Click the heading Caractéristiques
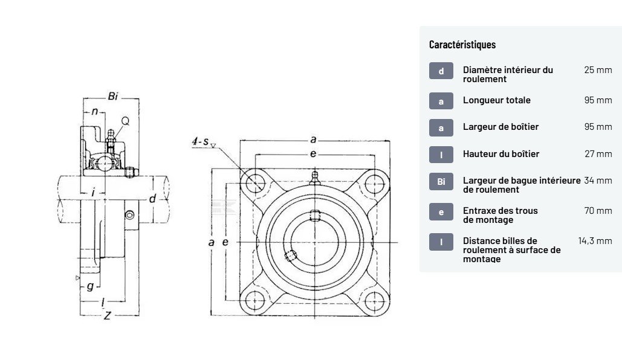click(462, 44)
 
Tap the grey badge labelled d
click(441, 71)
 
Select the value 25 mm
click(598, 69)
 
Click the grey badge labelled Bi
click(441, 181)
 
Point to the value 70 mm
click(598, 210)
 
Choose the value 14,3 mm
click(595, 240)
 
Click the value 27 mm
click(598, 153)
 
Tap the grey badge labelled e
click(441, 211)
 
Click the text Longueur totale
click(496, 100)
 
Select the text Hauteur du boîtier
click(501, 153)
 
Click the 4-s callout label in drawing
click(201, 142)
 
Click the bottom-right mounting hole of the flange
click(375, 300)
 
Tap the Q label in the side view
click(125, 121)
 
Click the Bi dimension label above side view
click(112, 96)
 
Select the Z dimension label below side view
click(107, 315)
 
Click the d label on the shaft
click(152, 199)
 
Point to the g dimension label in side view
click(89, 286)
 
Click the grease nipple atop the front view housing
click(314, 177)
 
